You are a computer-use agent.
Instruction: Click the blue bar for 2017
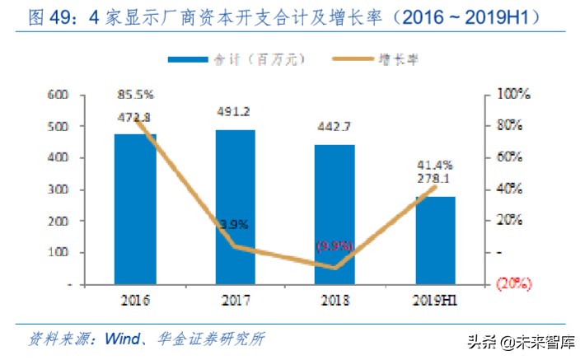pyautogui.click(x=235, y=207)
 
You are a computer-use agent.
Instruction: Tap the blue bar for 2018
pyautogui.click(x=335, y=214)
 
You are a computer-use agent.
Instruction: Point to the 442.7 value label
pyautogui.click(x=334, y=128)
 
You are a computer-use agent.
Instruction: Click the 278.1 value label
pyautogui.click(x=433, y=179)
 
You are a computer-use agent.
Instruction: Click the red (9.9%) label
pyautogui.click(x=334, y=245)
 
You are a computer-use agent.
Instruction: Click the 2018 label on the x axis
pyautogui.click(x=334, y=301)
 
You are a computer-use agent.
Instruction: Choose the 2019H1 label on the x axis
pyautogui.click(x=433, y=301)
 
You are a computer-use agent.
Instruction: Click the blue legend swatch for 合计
pyautogui.click(x=189, y=59)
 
